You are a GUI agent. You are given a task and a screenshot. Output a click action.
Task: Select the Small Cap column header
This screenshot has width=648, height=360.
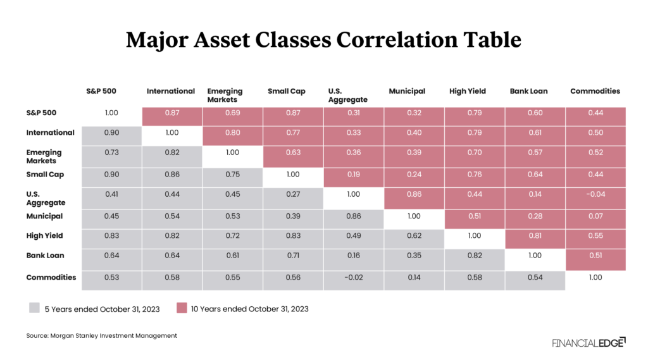point(286,91)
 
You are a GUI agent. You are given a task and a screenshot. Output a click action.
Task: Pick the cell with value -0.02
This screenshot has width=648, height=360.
point(352,278)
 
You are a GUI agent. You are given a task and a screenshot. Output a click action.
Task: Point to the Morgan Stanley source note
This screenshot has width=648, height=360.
point(102,336)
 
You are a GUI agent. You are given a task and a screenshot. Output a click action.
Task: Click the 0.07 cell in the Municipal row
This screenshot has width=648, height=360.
point(595,217)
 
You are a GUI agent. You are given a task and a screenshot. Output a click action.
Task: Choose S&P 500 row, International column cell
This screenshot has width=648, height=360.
point(171,113)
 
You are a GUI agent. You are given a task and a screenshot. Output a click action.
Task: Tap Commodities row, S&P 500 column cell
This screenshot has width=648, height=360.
point(111,278)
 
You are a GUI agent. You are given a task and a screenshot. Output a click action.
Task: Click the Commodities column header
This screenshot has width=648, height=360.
point(595,91)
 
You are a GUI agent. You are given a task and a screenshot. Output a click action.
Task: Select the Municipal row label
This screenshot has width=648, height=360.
point(44,216)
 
